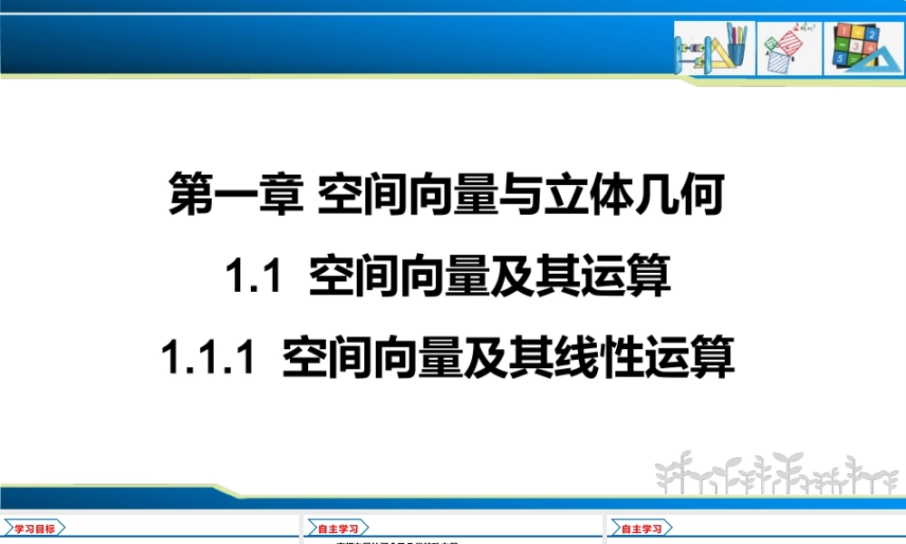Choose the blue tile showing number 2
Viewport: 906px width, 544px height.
pos(871,34)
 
